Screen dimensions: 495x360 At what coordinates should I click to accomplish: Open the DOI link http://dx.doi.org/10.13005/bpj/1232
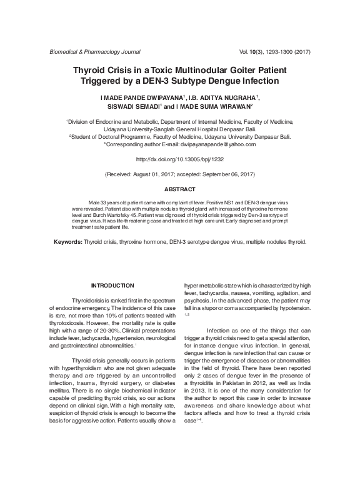(x=180, y=160)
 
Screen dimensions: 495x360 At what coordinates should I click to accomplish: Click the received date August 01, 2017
(x=167, y=174)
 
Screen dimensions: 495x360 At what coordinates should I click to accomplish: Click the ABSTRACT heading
(x=180, y=189)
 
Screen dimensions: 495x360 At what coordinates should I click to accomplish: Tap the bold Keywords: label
(x=67, y=241)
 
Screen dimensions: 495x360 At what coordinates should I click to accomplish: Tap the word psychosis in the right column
(x=196, y=301)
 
